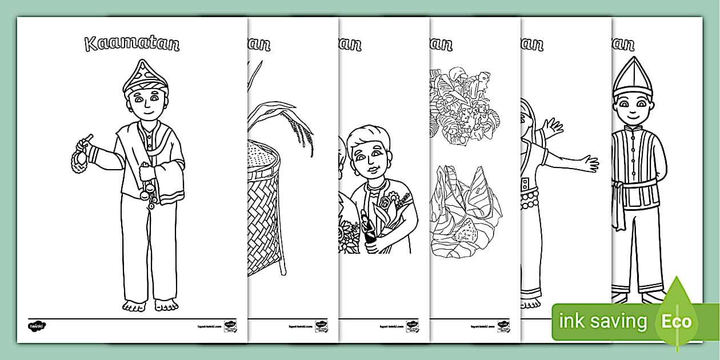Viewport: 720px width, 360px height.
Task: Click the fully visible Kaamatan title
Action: pos(132,43)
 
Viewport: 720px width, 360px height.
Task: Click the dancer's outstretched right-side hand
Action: pos(586,163)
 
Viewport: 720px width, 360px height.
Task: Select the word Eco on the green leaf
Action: pos(677,322)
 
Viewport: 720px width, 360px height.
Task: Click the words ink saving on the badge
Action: pos(602,322)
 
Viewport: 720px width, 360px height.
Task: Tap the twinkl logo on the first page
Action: pos(37,326)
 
